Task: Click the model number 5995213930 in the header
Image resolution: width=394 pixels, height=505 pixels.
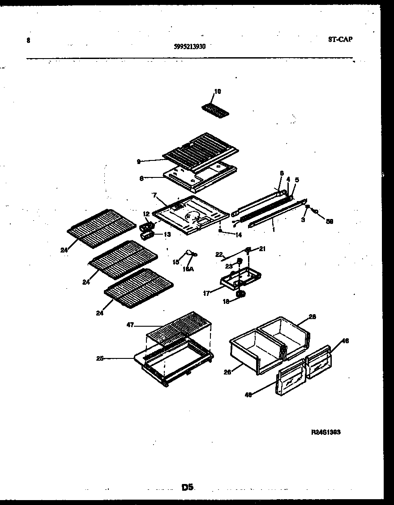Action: coord(189,46)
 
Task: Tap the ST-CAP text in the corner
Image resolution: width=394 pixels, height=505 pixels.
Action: coord(340,39)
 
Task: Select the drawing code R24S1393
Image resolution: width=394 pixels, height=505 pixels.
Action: coord(326,432)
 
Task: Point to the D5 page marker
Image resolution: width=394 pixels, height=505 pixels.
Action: coord(188,488)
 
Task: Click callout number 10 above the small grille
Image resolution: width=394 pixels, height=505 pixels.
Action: coord(217,92)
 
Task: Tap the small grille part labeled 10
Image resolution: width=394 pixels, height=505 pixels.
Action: coord(214,109)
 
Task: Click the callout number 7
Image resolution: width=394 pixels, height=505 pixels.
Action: coord(154,196)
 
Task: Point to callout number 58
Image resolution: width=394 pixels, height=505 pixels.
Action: coord(330,221)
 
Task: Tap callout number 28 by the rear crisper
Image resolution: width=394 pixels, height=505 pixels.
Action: coord(312,317)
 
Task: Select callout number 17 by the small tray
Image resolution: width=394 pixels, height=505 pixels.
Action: coord(207,294)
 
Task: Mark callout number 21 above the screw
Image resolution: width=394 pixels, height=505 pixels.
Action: coord(262,249)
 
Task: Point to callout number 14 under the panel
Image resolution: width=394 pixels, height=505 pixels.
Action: coord(238,234)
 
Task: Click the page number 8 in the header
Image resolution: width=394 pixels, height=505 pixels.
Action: coord(28,40)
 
